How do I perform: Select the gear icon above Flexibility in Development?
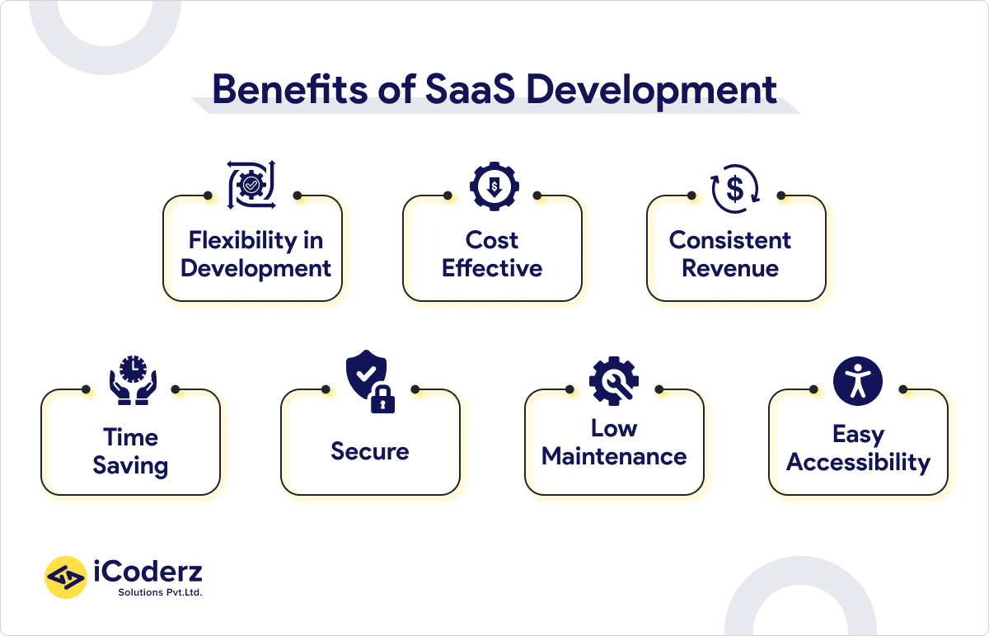252,184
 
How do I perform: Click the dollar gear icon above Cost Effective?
493,186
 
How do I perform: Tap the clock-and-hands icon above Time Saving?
132,379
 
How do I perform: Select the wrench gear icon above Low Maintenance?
614,379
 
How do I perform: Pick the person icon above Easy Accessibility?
858,380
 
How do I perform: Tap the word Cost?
492,240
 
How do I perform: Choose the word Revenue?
730,268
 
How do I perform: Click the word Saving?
130,465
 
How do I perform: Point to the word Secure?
370,451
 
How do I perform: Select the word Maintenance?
614,456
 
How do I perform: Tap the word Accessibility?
858,462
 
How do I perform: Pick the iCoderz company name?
149,571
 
